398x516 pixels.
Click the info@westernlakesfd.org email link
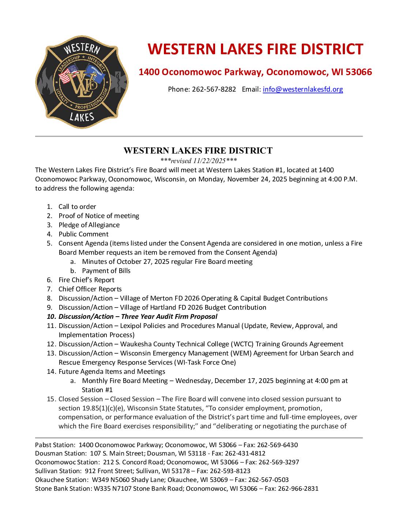(303, 89)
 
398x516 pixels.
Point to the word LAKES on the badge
(82, 117)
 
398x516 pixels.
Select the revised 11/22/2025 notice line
(199, 161)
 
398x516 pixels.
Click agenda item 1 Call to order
(77, 207)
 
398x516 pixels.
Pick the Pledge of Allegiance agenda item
(89, 225)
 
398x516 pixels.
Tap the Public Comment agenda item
(83, 234)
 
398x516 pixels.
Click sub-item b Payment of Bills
(106, 271)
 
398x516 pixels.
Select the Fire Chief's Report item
(86, 280)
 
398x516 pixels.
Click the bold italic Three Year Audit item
(138, 317)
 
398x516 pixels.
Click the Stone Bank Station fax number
(298, 489)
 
